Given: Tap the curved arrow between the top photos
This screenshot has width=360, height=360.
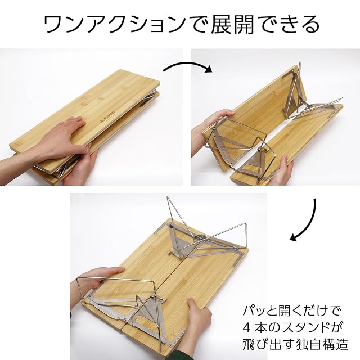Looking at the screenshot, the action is tap(187, 65).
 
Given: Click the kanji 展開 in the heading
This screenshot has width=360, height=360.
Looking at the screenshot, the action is tap(232, 25).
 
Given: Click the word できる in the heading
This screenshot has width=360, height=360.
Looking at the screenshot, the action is tap(287, 25).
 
